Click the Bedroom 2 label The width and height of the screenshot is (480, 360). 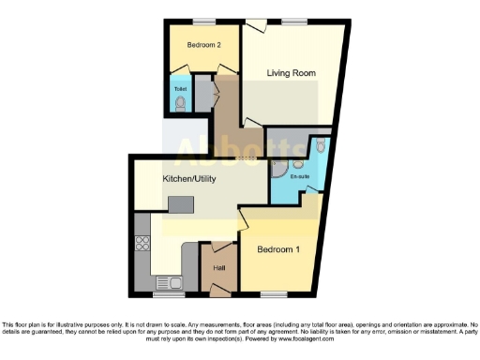pos(203,45)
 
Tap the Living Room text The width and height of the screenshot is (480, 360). pos(291,73)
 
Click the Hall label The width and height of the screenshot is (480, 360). pos(219,268)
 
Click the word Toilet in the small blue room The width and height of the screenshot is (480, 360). pos(180,90)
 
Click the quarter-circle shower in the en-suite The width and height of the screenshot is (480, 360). pos(278,170)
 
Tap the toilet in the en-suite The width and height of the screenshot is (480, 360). pos(319,145)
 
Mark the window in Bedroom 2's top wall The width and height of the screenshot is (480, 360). pos(203,21)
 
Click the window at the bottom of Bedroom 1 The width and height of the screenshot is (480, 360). pos(274,295)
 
